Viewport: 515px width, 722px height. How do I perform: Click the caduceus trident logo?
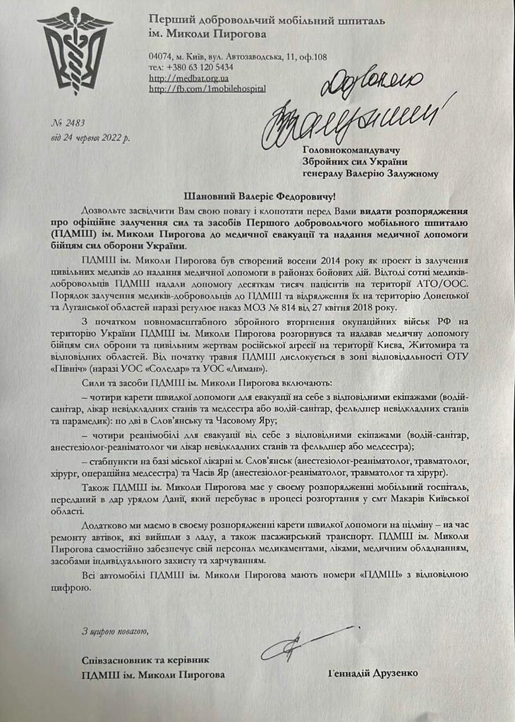74,51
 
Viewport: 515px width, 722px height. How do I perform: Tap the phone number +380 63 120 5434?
198,67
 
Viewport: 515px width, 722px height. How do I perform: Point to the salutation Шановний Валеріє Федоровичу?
258,194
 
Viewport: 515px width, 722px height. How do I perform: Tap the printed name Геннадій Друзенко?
373,673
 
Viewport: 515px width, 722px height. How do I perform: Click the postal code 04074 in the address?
162,54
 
